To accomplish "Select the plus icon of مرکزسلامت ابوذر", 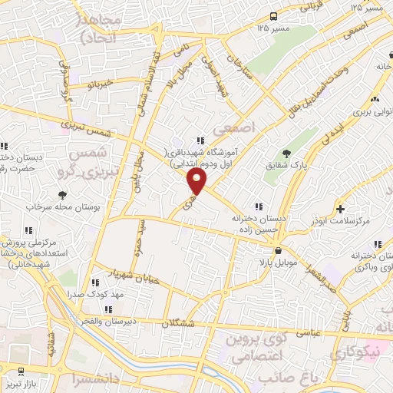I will pyautogui.click(x=340, y=207).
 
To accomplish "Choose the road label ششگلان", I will pyautogui.click(x=200, y=325).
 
